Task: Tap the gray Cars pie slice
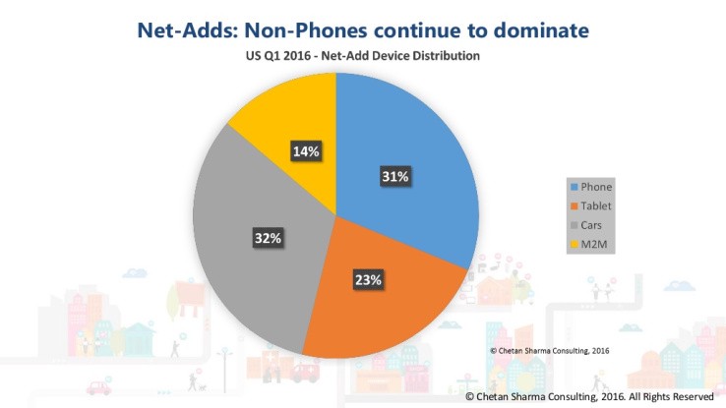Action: point(256,256)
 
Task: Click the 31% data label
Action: point(395,177)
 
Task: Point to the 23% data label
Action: point(369,279)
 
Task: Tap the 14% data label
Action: point(304,151)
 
